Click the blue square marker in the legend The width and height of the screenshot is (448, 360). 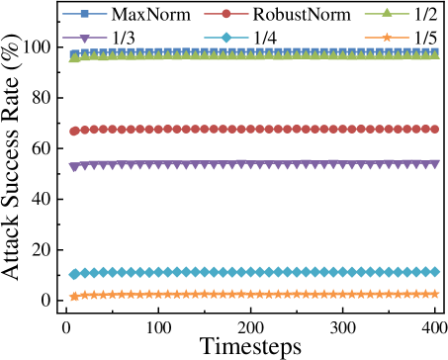[84, 14]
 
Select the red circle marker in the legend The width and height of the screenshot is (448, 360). [226, 14]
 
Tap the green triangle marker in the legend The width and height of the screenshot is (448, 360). [387, 13]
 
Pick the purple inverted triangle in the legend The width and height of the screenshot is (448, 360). [84, 39]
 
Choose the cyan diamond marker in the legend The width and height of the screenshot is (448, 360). [226, 38]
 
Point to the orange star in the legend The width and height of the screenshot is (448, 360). [387, 38]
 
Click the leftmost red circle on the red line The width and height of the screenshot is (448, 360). [74, 131]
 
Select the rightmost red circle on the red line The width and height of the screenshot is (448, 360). [434, 129]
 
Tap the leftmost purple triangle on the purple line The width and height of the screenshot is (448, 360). [74, 167]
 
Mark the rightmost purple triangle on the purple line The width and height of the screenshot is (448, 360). [434, 164]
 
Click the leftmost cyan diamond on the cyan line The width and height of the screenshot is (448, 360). [74, 274]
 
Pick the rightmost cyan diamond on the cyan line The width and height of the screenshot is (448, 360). [434, 271]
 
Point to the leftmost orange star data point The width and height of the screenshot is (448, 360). [74, 297]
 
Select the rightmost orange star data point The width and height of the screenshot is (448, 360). [434, 294]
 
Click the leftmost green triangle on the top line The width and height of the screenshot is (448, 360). [74, 58]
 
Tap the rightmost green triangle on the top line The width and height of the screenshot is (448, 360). [434, 54]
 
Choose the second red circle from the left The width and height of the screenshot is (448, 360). [84, 130]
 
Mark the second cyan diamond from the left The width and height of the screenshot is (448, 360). [84, 273]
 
